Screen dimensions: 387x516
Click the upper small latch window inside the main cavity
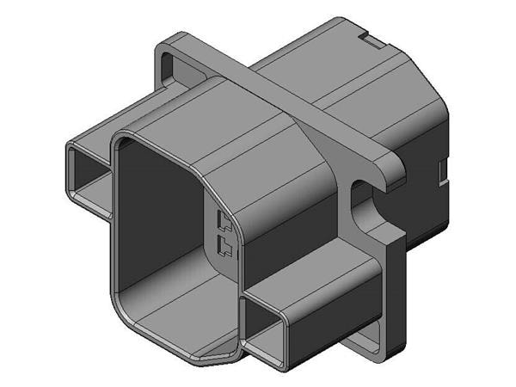[224, 222]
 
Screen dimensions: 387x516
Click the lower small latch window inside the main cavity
[224, 249]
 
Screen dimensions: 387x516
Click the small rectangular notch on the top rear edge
[369, 40]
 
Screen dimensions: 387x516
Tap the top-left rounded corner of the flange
[169, 43]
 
